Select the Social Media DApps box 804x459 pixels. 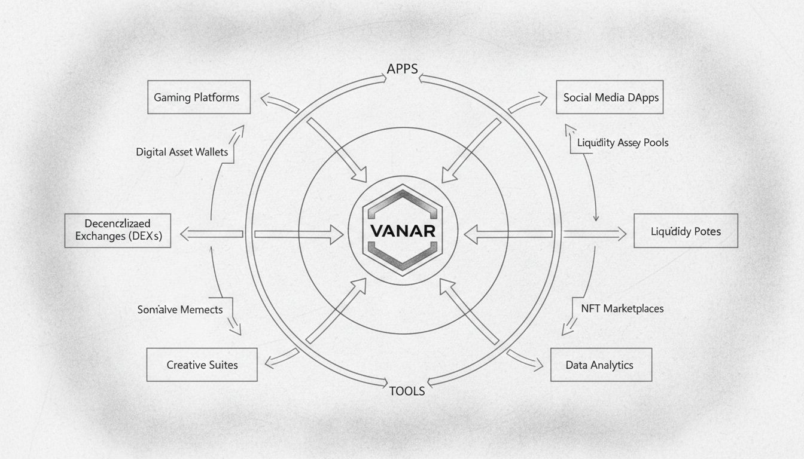click(611, 97)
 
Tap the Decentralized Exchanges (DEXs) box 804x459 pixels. click(118, 231)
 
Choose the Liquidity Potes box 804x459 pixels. click(686, 231)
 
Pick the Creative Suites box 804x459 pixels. click(202, 365)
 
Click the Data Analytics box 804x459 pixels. click(600, 365)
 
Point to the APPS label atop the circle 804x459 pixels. click(402, 69)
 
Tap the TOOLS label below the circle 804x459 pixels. click(407, 391)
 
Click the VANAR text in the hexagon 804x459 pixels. click(402, 231)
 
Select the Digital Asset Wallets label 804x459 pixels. click(182, 152)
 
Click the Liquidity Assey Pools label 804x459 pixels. click(623, 143)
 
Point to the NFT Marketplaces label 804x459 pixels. click(622, 308)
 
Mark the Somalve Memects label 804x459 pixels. click(179, 310)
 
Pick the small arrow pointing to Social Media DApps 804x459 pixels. click(527, 102)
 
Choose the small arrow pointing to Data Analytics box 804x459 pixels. click(525, 359)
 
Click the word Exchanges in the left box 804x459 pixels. click(100, 237)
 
